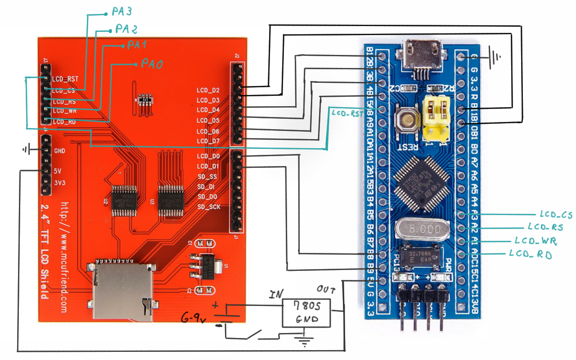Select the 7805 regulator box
click(x=306, y=313)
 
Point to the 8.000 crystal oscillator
click(x=422, y=229)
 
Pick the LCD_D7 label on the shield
click(x=208, y=141)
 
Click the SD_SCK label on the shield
click(x=209, y=207)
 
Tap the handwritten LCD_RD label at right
click(x=531, y=254)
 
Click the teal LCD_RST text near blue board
click(x=347, y=114)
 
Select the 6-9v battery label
click(x=193, y=319)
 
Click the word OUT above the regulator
click(x=326, y=288)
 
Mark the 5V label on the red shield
click(x=58, y=171)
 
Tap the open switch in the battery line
click(x=252, y=334)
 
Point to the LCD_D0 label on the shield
click(x=208, y=156)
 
